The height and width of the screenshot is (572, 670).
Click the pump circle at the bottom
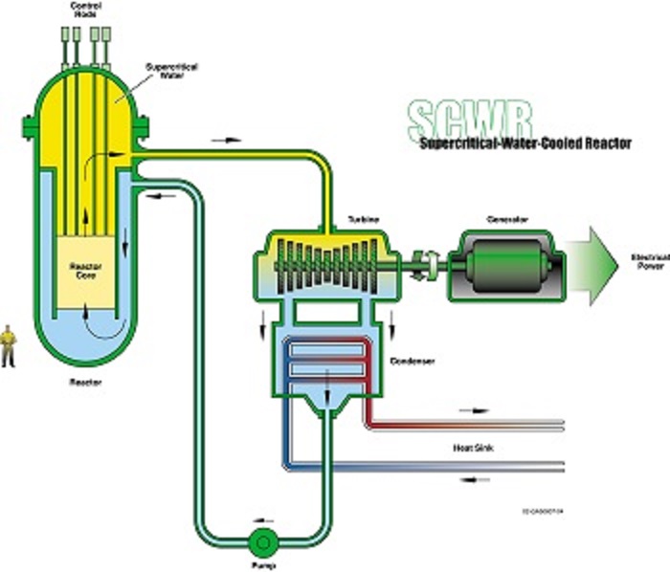tap(259, 542)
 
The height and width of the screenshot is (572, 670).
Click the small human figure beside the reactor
tap(9, 345)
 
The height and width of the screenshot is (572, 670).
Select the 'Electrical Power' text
tap(647, 261)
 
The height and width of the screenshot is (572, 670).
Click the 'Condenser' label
tap(413, 362)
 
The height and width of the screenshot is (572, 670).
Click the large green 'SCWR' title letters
tap(457, 120)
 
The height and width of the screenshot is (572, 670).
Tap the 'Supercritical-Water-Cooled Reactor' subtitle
tap(525, 143)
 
